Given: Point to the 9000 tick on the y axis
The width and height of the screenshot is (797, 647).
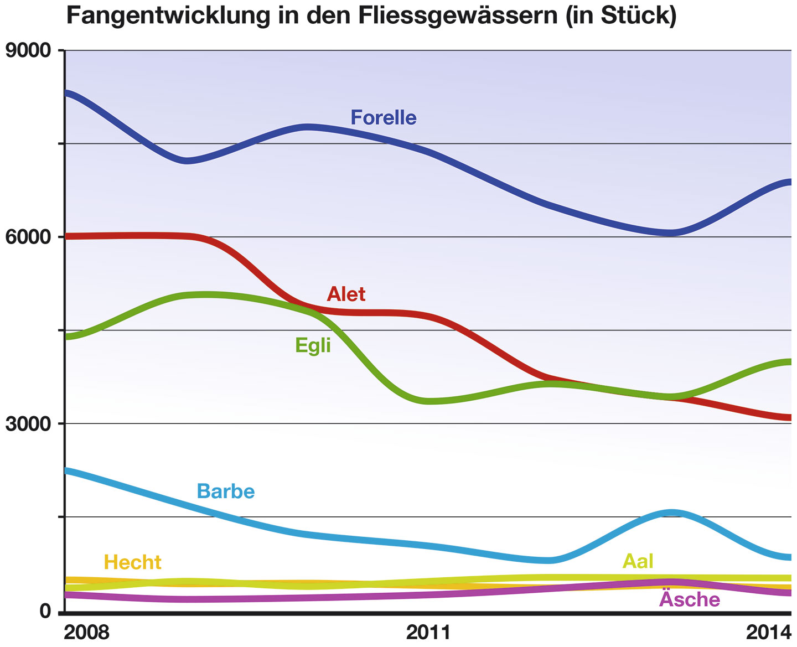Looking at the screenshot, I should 27,50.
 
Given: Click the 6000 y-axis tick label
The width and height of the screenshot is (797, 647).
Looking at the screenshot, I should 27,237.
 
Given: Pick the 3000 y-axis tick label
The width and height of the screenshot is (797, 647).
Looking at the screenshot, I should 27,424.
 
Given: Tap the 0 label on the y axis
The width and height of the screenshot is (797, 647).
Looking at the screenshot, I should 45,610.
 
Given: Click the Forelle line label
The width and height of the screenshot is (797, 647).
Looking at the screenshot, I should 384,118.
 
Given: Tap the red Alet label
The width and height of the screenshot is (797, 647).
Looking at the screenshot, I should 346,294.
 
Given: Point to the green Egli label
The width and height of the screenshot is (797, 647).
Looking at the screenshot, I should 313,345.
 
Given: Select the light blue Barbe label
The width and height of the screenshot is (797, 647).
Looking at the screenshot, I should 226,491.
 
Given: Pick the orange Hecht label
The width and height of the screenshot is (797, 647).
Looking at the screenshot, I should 133,563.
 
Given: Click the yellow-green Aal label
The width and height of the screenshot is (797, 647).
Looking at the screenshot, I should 638,561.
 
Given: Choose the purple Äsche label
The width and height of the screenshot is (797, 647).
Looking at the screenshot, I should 690,599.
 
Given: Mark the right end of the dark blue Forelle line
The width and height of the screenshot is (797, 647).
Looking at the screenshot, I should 789,182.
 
